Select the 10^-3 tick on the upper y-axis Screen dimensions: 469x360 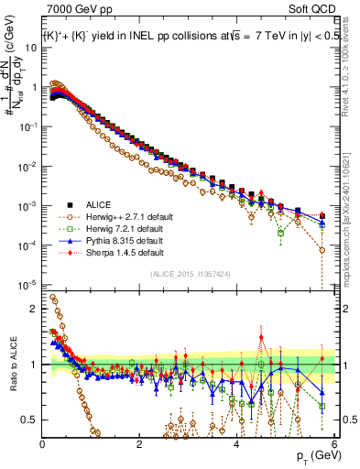[x=29, y=206]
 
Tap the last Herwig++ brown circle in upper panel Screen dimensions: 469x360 [x=322, y=249]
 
